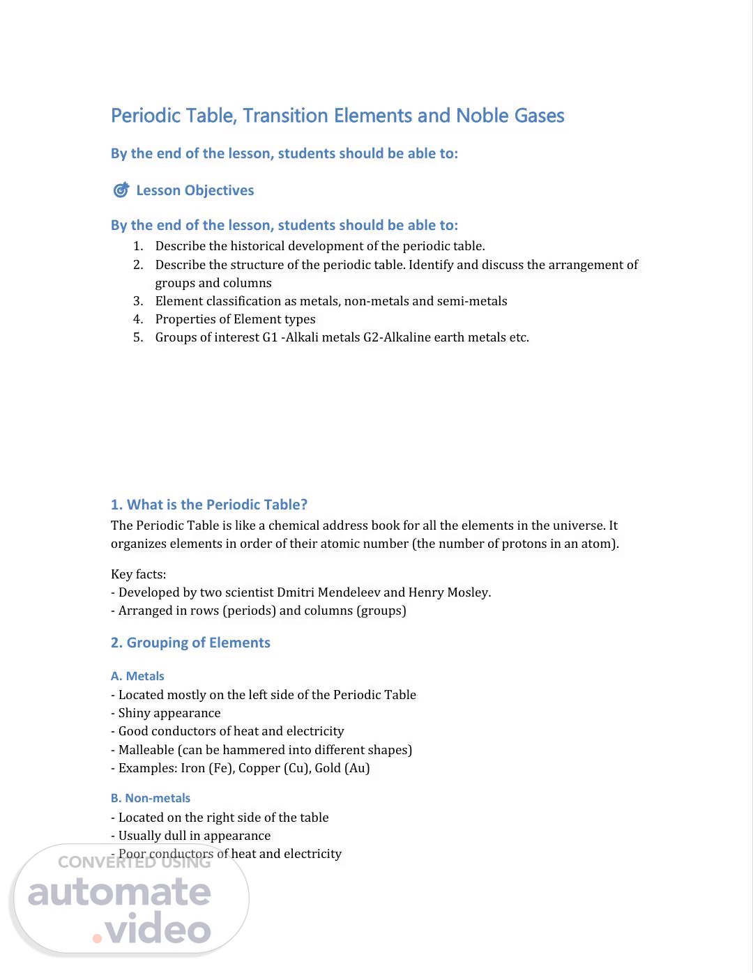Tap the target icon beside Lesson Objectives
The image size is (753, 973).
[121, 190]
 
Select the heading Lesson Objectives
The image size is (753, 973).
[195, 190]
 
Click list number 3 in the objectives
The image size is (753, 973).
[138, 301]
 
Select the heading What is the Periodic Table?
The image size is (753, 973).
[208, 505]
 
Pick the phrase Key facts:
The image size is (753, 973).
[138, 574]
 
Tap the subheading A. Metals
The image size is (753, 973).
[137, 676]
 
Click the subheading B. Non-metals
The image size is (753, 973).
[150, 798]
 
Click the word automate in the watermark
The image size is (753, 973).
[119, 893]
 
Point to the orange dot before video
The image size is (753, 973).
[97, 938]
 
